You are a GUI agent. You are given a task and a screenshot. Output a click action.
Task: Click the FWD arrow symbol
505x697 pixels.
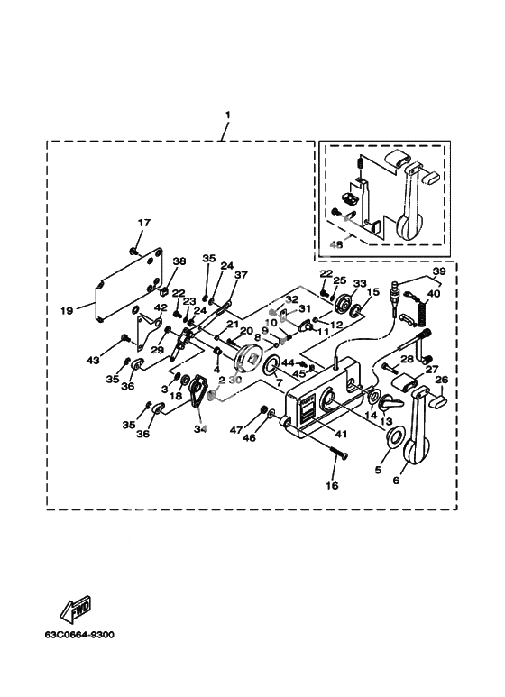click(77, 609)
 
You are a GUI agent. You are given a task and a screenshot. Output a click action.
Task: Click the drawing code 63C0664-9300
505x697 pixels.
click(79, 635)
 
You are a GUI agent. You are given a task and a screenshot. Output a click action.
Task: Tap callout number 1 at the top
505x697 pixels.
click(227, 115)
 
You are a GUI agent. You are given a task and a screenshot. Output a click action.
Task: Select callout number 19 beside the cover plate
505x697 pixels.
click(67, 311)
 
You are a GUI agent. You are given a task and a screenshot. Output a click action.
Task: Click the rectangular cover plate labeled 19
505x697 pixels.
click(129, 284)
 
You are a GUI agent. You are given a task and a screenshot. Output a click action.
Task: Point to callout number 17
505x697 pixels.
click(144, 223)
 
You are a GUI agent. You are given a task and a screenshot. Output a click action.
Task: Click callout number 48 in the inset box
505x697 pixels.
click(336, 244)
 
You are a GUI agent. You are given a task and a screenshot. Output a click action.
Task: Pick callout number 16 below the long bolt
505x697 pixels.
click(332, 485)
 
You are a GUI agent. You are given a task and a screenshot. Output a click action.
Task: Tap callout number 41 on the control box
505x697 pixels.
click(341, 434)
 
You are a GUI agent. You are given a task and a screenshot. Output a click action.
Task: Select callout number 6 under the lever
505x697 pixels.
click(396, 480)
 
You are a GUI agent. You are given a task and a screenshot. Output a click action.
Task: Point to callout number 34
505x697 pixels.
click(200, 429)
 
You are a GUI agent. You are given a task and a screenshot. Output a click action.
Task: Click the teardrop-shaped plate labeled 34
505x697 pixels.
click(197, 391)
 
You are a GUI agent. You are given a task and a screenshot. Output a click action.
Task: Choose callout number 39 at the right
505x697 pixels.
click(439, 271)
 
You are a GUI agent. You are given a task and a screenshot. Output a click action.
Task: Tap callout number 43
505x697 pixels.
click(94, 360)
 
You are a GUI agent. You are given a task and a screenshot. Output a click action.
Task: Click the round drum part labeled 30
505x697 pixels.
click(248, 358)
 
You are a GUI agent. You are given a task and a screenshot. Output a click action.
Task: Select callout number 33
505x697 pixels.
click(360, 284)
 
